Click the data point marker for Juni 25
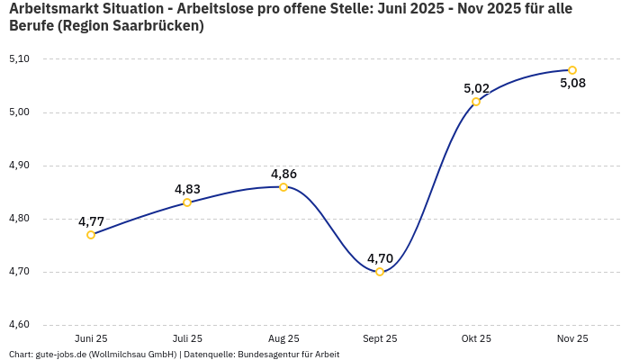[91, 235]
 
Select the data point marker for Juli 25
[187, 202]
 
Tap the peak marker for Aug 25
[283, 187]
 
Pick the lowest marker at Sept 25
[380, 272]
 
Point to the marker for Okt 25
[476, 102]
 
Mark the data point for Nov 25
[572, 70]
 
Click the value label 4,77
[91, 221]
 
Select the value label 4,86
[283, 174]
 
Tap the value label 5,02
[476, 88]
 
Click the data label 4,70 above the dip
[380, 258]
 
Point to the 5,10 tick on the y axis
[18, 59]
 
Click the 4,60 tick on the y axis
[18, 325]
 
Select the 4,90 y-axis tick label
[18, 166]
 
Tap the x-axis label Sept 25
[380, 338]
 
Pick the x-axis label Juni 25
[91, 338]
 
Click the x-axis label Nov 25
[572, 338]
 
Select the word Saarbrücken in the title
[155, 26]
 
